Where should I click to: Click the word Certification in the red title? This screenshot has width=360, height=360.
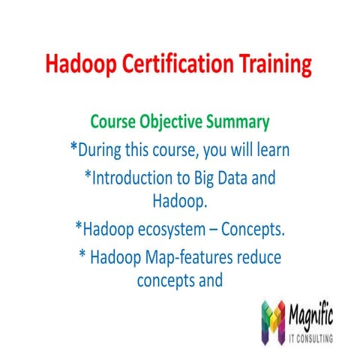pyautogui.click(x=179, y=65)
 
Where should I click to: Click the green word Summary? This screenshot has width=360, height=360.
pyautogui.click(x=240, y=121)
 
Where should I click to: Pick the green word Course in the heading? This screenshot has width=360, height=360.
pyautogui.click(x=113, y=121)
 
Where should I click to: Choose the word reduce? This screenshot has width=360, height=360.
pyautogui.click(x=256, y=256)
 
